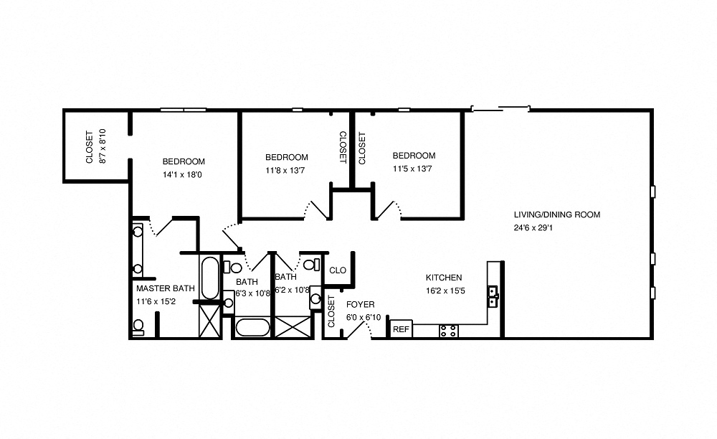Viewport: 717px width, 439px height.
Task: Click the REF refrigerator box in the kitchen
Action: (x=402, y=329)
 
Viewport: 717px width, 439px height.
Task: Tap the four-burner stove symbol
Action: (x=448, y=331)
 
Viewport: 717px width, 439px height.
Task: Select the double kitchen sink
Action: (x=493, y=296)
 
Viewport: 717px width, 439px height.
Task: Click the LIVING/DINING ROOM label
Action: (x=556, y=214)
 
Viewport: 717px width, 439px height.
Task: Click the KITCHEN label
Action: (x=444, y=278)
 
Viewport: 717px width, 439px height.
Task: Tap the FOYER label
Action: (x=360, y=305)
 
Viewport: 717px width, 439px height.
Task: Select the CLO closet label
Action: (x=338, y=270)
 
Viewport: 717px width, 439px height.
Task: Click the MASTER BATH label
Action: (x=165, y=288)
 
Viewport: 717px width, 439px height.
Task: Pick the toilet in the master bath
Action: (x=138, y=327)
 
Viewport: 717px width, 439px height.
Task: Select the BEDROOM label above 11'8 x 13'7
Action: (x=286, y=157)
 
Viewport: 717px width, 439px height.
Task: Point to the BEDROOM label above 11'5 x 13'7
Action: (x=414, y=156)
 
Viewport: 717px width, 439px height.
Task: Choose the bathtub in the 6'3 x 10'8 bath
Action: (x=252, y=329)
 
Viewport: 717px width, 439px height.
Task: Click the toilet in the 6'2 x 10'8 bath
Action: (x=310, y=265)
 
